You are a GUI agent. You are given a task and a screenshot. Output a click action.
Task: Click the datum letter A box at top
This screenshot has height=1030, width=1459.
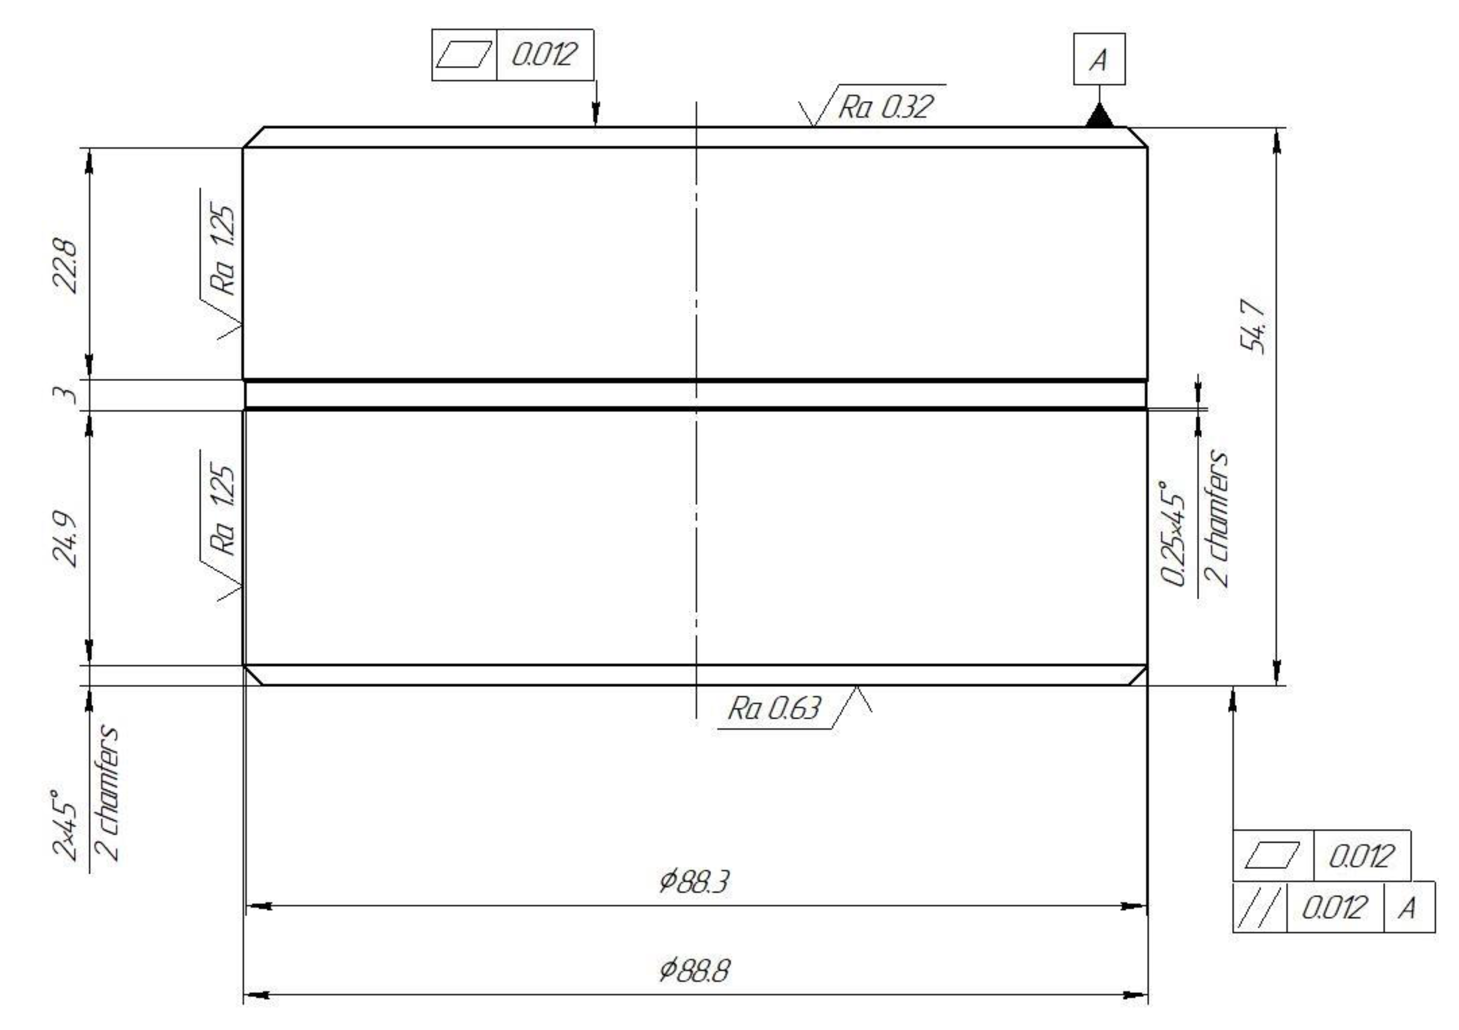[x=1098, y=59]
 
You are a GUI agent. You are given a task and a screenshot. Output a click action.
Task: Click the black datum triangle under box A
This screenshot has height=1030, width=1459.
[x=1098, y=117]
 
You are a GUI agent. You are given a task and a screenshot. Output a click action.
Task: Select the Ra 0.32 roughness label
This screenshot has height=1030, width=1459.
[x=886, y=106]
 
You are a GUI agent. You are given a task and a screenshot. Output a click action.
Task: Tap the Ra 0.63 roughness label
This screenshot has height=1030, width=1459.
[x=774, y=708]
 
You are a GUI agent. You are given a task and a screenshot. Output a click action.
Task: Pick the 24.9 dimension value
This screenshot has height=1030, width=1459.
[x=66, y=536]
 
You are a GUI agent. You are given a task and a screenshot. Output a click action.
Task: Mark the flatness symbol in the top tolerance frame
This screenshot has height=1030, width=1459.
[x=464, y=54]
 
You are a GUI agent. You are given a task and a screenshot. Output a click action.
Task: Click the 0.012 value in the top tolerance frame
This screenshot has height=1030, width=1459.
[x=544, y=54]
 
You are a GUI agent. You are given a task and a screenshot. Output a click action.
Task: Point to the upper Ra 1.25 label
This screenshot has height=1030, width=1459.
[x=223, y=252]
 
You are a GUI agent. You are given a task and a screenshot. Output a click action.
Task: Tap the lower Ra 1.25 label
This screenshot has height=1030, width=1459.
[x=223, y=511]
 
